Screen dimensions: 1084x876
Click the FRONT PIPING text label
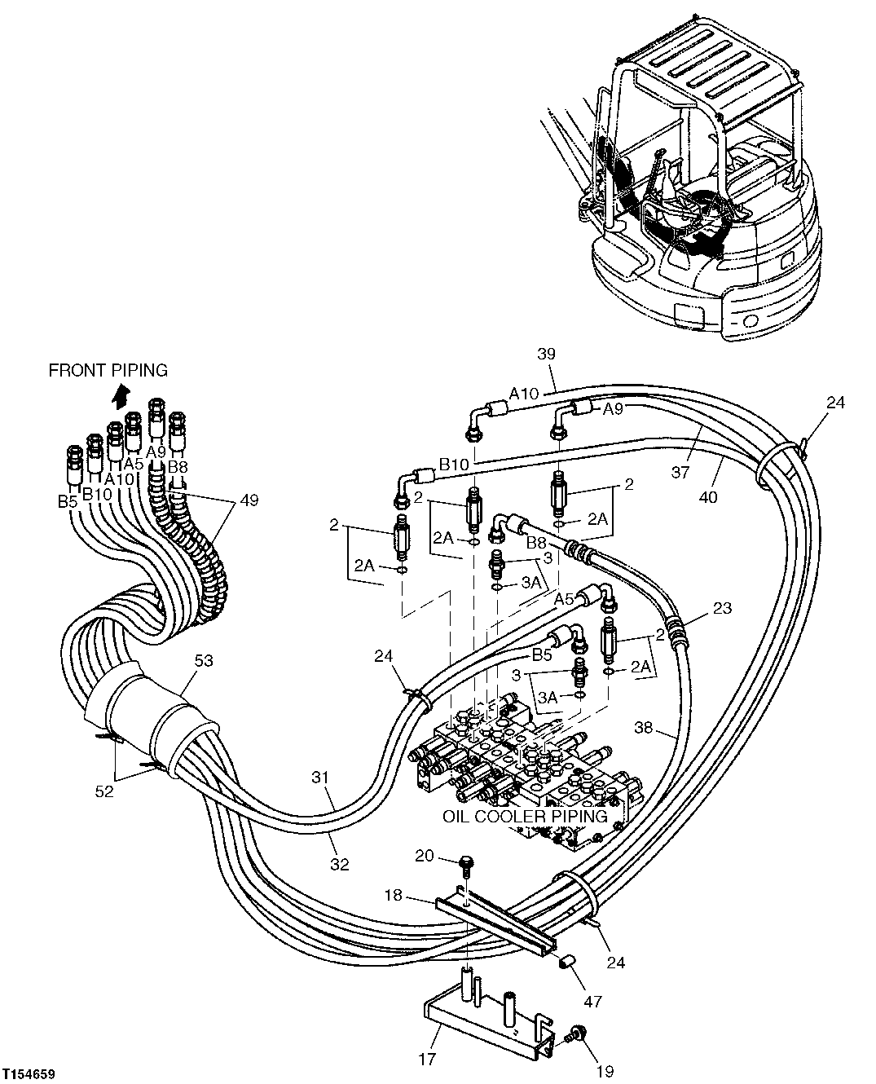[x=108, y=371]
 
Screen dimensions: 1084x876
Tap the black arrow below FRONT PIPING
[x=121, y=397]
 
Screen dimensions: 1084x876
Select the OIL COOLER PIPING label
[x=525, y=816]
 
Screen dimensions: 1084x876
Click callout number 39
[x=546, y=354]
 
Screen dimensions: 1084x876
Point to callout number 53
[x=204, y=661]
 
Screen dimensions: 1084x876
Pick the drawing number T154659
[x=29, y=1075]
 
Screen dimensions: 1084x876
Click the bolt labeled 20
[x=465, y=861]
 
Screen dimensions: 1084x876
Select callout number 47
[x=593, y=1001]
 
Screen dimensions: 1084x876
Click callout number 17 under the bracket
[x=428, y=1060]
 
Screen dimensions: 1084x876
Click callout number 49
[x=249, y=500]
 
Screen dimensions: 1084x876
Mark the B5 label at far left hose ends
[x=67, y=502]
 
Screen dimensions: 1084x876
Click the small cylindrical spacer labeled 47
[x=566, y=965]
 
